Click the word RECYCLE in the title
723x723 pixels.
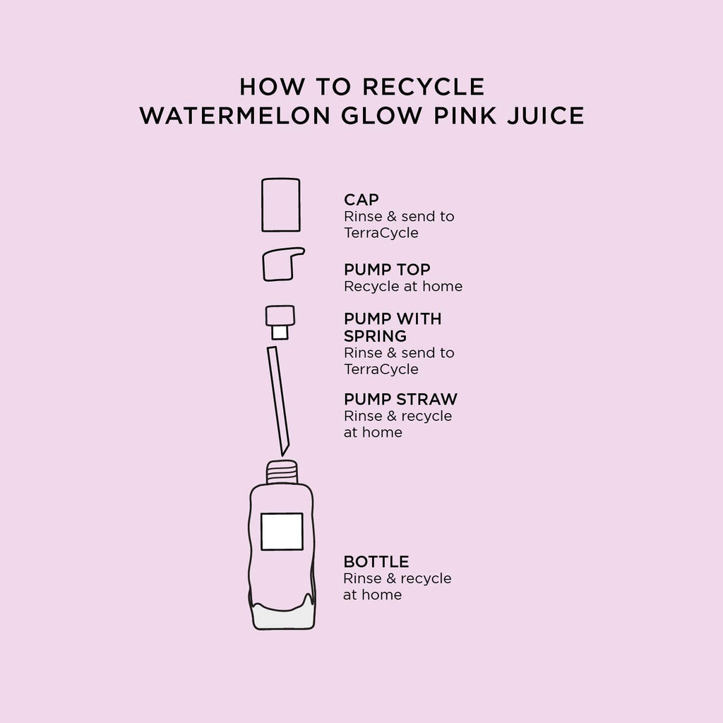423,87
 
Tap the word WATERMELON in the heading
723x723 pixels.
235,115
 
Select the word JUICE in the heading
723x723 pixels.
546,115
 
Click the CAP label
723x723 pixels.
361,200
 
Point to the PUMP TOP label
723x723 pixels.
387,269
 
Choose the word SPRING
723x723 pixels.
375,336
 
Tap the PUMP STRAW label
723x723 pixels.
401,399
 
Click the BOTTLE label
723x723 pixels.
376,561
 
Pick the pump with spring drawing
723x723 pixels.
280,322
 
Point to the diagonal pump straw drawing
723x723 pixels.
277,400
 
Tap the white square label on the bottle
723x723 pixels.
282,532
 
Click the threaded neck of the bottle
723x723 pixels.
282,472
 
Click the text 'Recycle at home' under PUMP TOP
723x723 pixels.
403,287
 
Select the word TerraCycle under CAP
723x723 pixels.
381,233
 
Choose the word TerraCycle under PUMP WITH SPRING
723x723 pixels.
381,369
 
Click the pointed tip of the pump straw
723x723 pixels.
283,455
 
